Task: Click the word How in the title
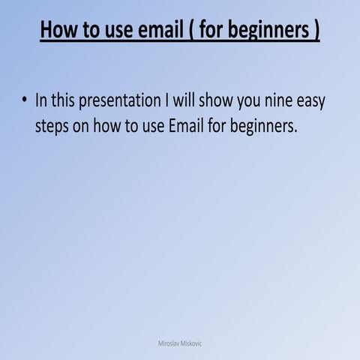click(59, 31)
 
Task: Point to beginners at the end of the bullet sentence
click(263, 127)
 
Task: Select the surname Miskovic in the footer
click(192, 343)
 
